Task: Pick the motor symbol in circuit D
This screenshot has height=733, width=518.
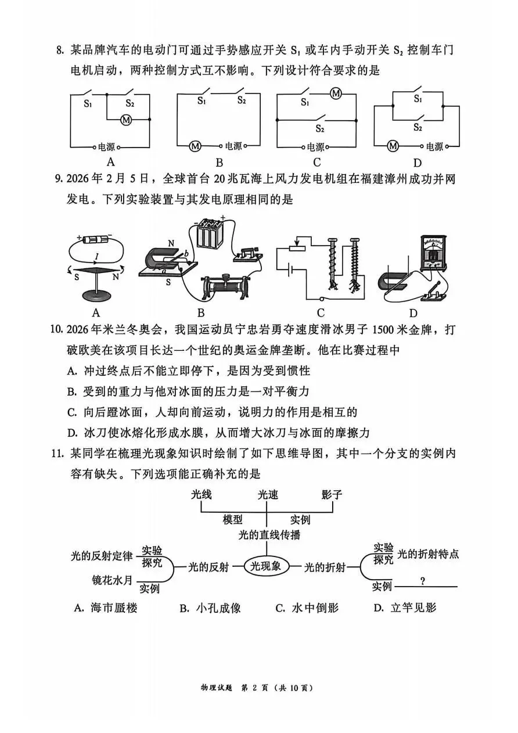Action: tap(393, 146)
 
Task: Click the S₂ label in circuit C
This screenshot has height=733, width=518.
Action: tap(321, 128)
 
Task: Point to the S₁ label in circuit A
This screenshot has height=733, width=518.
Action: tap(88, 105)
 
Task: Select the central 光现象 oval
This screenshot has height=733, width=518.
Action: tap(267, 566)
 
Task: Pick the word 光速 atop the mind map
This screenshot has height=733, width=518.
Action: tap(268, 495)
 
